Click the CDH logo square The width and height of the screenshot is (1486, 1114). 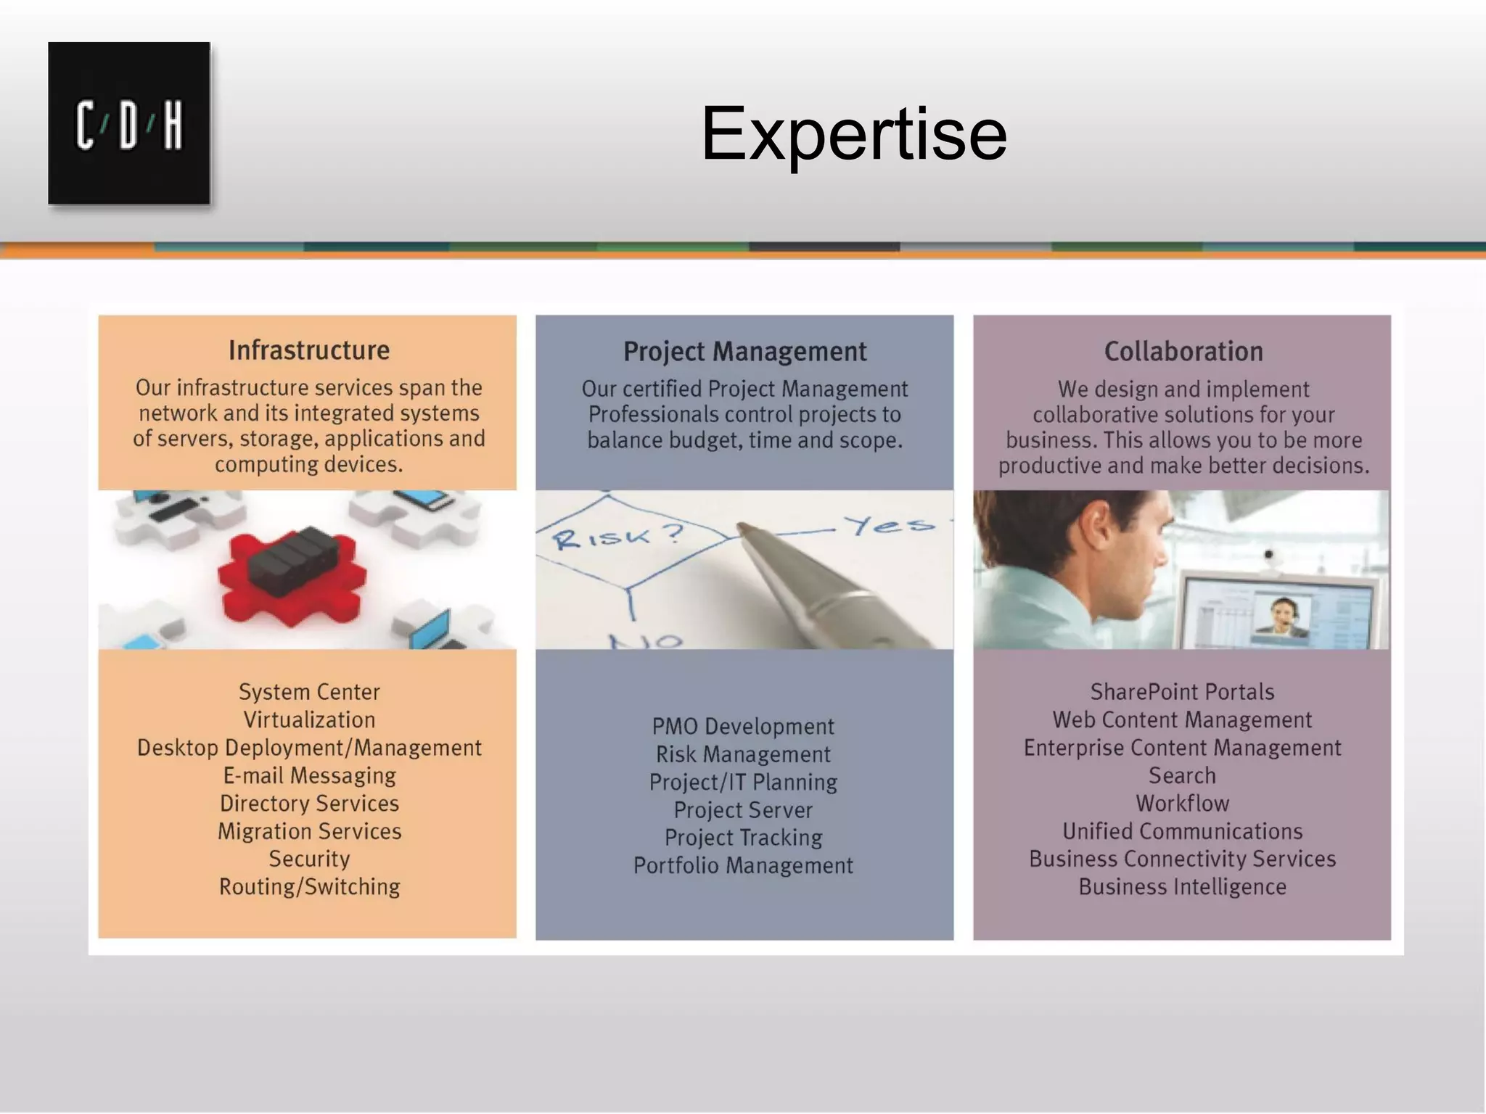[129, 123]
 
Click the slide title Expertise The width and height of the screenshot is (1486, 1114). [853, 133]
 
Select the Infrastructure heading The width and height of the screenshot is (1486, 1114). [309, 350]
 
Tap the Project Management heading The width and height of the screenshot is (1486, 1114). [744, 352]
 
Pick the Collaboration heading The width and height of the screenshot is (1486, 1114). [1183, 352]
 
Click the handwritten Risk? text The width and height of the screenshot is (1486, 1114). [617, 537]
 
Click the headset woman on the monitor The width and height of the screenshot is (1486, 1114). [1283, 616]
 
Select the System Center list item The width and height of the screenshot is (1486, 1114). [309, 692]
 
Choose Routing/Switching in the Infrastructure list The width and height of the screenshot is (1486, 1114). [309, 886]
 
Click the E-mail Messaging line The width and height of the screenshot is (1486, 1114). [309, 775]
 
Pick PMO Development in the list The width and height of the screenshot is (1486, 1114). [743, 726]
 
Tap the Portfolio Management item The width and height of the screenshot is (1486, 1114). [743, 865]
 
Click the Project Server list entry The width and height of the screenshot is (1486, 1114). [743, 809]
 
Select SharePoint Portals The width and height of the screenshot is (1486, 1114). [1182, 692]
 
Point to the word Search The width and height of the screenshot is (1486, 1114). [1182, 775]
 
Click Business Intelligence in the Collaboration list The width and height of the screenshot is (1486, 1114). [1182, 886]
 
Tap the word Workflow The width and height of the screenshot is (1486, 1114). [1182, 803]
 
